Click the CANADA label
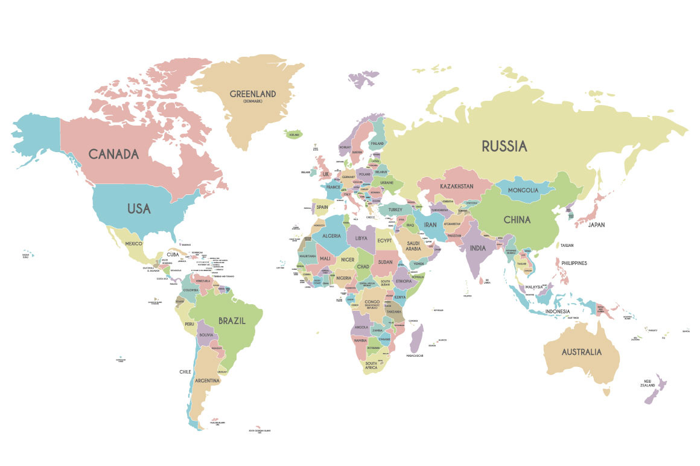(x=113, y=154)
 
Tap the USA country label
(x=138, y=209)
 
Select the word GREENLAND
(x=253, y=94)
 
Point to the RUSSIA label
(x=504, y=146)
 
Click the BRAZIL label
(x=232, y=321)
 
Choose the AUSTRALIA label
(x=581, y=352)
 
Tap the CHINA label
(x=517, y=220)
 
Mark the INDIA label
(x=477, y=248)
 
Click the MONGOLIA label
(x=523, y=190)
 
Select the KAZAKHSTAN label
(x=456, y=186)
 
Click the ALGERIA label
(x=331, y=236)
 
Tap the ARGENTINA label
(x=207, y=381)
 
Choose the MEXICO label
(x=133, y=243)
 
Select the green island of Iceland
(x=294, y=135)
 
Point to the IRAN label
(x=430, y=225)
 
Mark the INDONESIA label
(x=558, y=311)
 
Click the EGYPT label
(x=384, y=240)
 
